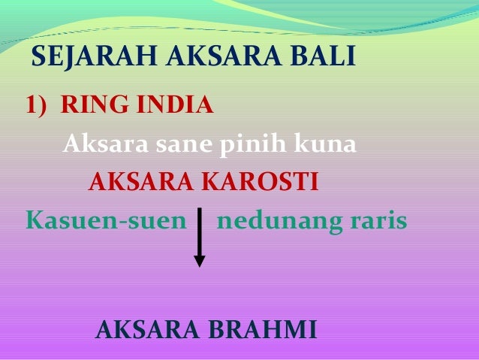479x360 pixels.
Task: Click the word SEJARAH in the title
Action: point(94,56)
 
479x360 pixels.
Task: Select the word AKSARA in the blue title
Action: point(224,56)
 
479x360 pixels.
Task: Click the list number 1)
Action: point(36,105)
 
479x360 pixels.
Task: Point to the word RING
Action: point(95,104)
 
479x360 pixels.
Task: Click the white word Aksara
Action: point(106,143)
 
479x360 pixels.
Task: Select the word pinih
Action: point(252,144)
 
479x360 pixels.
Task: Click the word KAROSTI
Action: point(260,181)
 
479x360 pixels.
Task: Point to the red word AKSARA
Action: point(141,181)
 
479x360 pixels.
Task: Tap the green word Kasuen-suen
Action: point(106,220)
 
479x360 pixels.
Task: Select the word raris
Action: point(378,220)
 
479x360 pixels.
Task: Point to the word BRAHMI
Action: point(263,329)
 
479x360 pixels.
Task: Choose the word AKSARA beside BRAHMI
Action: point(147,329)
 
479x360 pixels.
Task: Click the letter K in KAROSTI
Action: point(211,181)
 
